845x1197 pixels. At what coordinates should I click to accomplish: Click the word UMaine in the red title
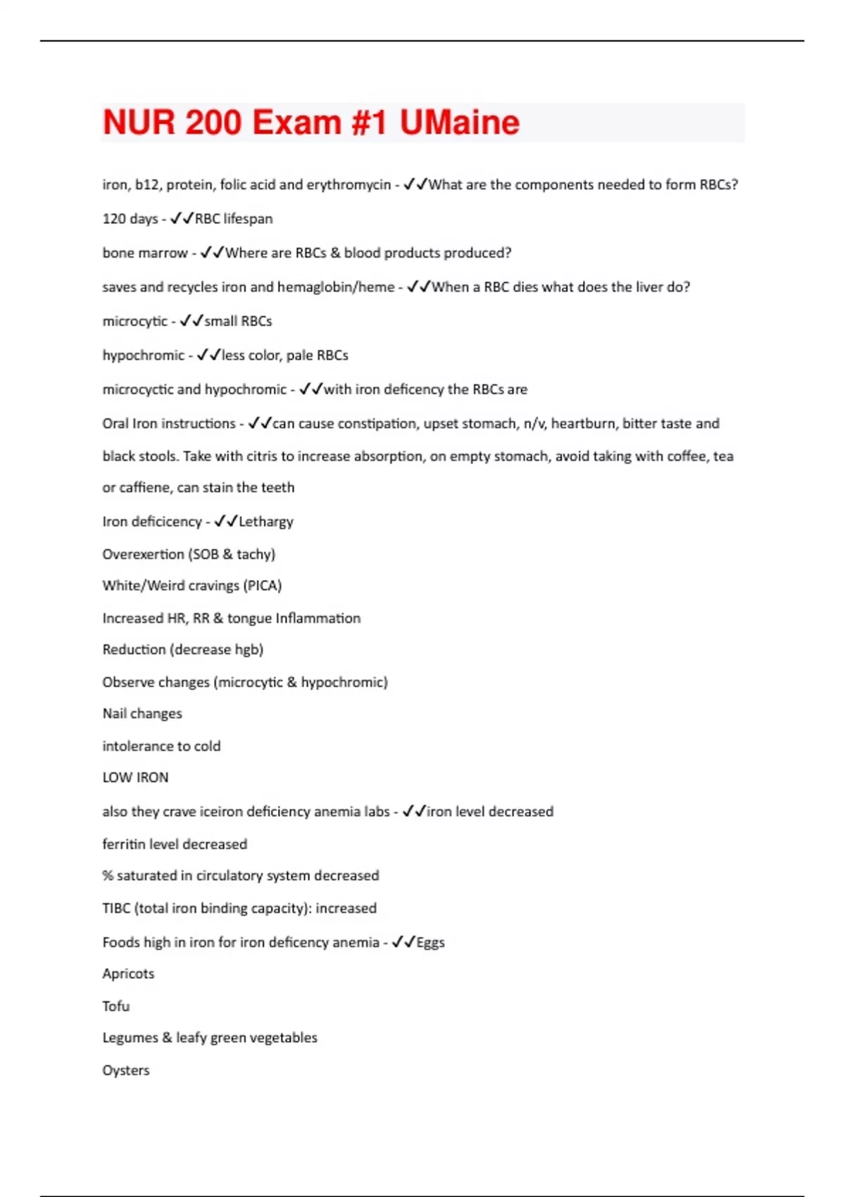coord(459,123)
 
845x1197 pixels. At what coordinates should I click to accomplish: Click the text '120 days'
coord(130,219)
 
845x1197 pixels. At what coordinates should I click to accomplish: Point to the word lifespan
coord(248,219)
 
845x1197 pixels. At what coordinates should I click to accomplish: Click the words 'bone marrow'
coord(145,253)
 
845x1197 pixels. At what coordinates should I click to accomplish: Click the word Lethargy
coord(265,522)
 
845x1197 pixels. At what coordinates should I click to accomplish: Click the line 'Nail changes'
coord(142,714)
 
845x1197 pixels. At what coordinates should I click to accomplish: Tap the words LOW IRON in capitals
coord(135,778)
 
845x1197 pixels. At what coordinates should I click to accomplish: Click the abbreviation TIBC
coord(116,908)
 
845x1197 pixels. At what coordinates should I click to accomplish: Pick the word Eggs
coord(430,943)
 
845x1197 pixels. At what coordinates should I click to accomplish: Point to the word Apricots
coord(128,974)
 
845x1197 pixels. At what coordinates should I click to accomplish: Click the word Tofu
coord(116,1006)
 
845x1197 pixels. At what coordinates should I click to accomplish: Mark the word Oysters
coord(126,1070)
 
